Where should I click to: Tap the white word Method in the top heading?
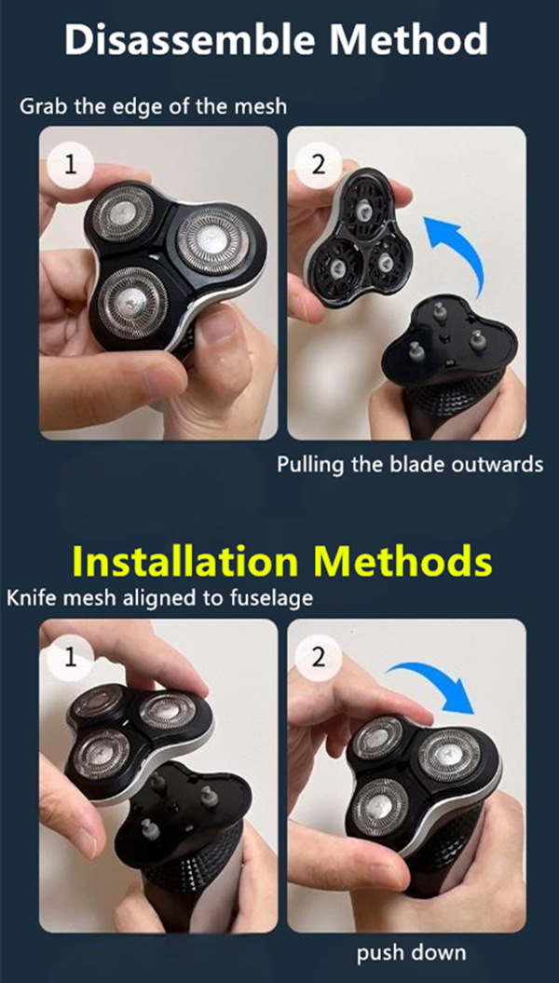point(409,39)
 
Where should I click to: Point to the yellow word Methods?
point(403,562)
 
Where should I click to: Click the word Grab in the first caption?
point(44,106)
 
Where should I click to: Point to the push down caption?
point(411,953)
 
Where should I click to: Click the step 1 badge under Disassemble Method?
point(70,166)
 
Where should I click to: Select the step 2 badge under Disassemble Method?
point(319,166)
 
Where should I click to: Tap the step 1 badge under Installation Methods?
point(70,658)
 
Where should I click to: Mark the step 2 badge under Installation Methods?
point(319,658)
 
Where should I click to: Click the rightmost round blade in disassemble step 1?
point(212,240)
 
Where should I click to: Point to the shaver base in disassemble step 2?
point(448,370)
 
